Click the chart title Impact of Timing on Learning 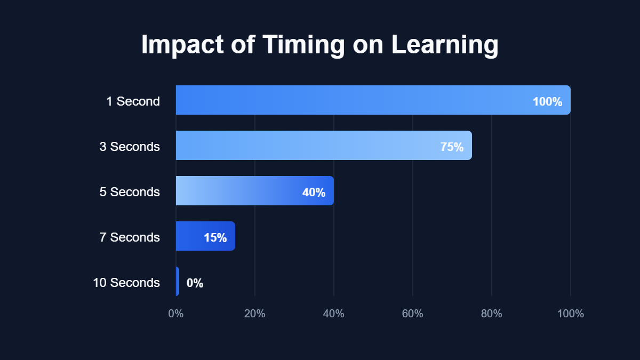320,45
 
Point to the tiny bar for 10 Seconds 177,282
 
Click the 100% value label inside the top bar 547,102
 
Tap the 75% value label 452,147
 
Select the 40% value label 314,193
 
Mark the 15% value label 215,238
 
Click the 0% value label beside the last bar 195,283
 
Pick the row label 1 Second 133,101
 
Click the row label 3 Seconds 130,147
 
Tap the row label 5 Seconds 130,192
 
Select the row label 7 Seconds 130,237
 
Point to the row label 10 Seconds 126,283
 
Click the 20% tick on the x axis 255,314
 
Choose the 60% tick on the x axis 413,314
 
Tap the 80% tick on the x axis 492,314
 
